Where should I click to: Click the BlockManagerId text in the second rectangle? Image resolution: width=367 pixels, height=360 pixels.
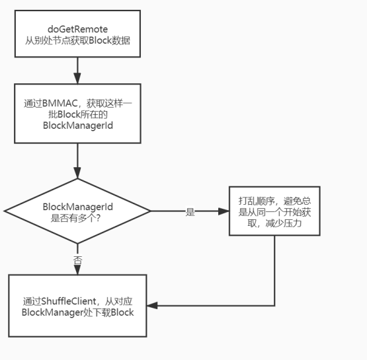78,124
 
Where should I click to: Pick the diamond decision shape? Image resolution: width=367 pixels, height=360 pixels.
78,211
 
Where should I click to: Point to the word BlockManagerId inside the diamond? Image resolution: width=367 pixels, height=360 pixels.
77,207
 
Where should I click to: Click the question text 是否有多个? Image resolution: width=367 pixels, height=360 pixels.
77,218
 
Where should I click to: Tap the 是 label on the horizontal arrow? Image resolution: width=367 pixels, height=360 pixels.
190,213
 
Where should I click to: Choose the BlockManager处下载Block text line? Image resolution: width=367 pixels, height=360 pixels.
78,312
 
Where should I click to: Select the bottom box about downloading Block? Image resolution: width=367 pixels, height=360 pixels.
78,306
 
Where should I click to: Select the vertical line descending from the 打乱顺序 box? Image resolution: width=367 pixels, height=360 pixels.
274,271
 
